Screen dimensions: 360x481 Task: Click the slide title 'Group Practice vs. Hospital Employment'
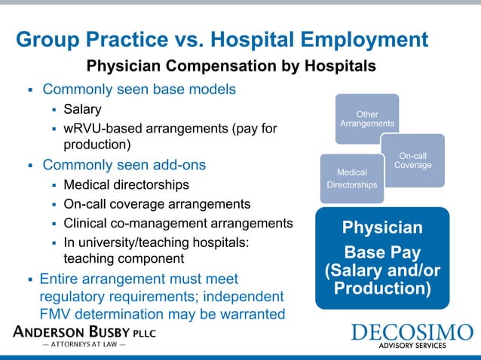pos(222,40)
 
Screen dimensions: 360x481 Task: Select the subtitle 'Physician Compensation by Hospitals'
pos(231,66)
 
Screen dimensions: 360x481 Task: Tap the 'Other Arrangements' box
pos(367,118)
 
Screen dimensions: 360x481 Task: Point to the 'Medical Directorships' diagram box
pos(352,178)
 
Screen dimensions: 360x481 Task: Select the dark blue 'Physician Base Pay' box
pos(382,258)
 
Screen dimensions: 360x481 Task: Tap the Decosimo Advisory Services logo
pos(412,336)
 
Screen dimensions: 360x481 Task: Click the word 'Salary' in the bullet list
pos(82,109)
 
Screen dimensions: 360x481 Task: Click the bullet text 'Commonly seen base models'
pos(139,89)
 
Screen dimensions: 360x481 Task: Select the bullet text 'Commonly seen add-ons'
pos(124,164)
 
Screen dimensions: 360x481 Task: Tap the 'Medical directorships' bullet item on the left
pos(126,184)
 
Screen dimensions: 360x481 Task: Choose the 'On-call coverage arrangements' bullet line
pos(158,203)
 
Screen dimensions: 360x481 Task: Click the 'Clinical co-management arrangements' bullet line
pos(178,223)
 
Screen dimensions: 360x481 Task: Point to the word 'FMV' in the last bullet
pos(56,314)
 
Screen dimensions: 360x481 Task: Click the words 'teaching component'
pos(123,258)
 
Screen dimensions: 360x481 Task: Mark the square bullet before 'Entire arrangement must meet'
pos(29,278)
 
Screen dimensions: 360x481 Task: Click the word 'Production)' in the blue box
pos(383,288)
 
